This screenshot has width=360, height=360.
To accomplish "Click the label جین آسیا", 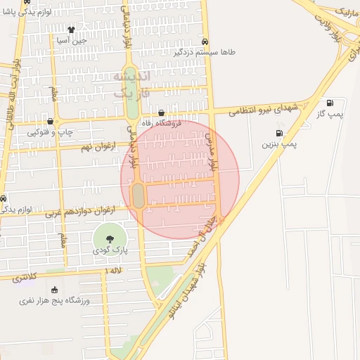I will point(72,40).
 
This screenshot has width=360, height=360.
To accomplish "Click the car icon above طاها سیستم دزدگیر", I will point(205,41).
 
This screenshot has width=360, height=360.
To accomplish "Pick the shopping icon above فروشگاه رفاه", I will point(162,112).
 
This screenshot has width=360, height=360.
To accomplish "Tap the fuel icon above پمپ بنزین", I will point(280,133).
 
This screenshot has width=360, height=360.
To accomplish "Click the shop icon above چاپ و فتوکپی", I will point(50,121).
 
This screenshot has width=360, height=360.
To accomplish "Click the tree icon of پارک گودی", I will point(109,239).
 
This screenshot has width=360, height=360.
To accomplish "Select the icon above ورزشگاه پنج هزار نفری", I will point(55,290).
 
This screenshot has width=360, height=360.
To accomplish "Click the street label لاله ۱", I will point(112,270).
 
